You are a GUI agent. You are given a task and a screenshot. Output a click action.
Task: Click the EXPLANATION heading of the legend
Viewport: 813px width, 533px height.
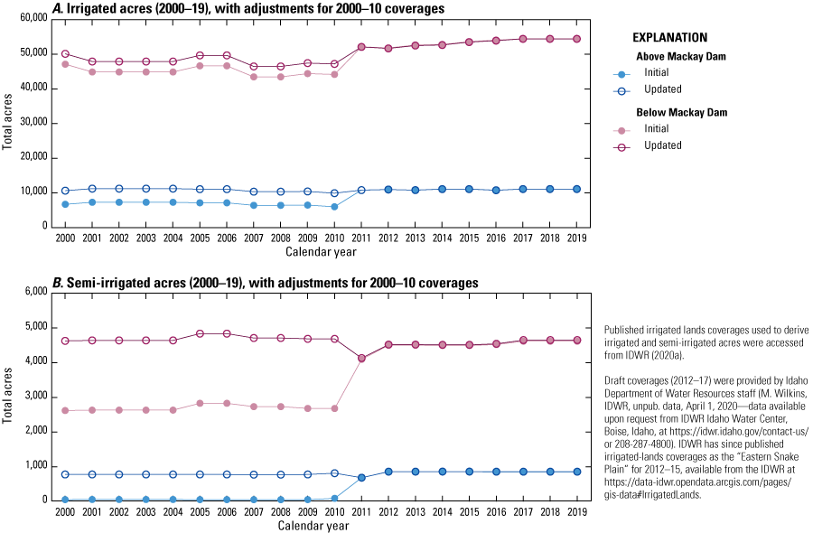coord(669,38)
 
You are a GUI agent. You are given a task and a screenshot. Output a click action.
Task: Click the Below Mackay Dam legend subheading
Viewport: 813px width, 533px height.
coord(679,112)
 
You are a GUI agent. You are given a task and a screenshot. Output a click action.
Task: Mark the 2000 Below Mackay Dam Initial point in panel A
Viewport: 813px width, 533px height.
coord(65,64)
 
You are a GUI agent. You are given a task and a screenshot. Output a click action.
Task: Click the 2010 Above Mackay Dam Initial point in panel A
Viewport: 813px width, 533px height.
coord(334,206)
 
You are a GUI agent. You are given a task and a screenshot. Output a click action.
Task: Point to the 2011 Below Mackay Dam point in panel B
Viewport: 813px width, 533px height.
coord(361,359)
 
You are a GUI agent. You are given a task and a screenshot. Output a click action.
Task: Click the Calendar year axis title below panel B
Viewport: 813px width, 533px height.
coord(321,525)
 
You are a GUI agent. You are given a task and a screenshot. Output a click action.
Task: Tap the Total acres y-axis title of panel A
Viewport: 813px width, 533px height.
coord(8,123)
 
